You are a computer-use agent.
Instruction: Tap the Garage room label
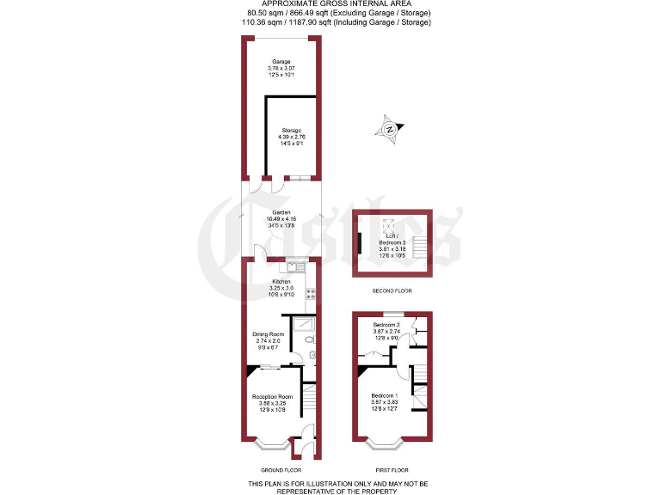(281, 62)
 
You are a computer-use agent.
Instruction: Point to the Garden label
(281, 213)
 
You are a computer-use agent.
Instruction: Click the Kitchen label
(281, 282)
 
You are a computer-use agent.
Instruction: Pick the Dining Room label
(268, 334)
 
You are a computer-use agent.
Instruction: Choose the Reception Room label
(273, 397)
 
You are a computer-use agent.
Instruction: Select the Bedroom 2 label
(386, 325)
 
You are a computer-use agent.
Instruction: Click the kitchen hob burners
(312, 295)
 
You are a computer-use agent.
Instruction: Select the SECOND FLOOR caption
(392, 291)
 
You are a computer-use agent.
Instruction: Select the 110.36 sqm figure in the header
(259, 21)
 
